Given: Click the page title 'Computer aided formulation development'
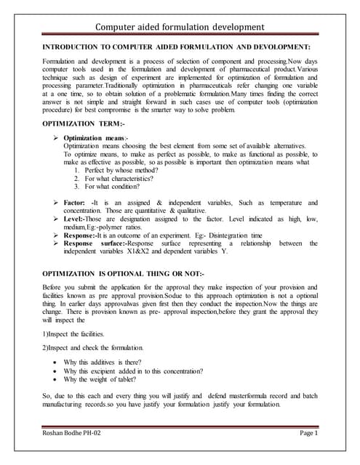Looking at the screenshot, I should (x=180, y=28).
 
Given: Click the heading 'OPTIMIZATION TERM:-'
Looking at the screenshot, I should (x=79, y=125).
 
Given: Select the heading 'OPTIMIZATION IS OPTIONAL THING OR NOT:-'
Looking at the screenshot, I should (x=124, y=272).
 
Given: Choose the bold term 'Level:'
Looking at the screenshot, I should (x=74, y=219).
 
